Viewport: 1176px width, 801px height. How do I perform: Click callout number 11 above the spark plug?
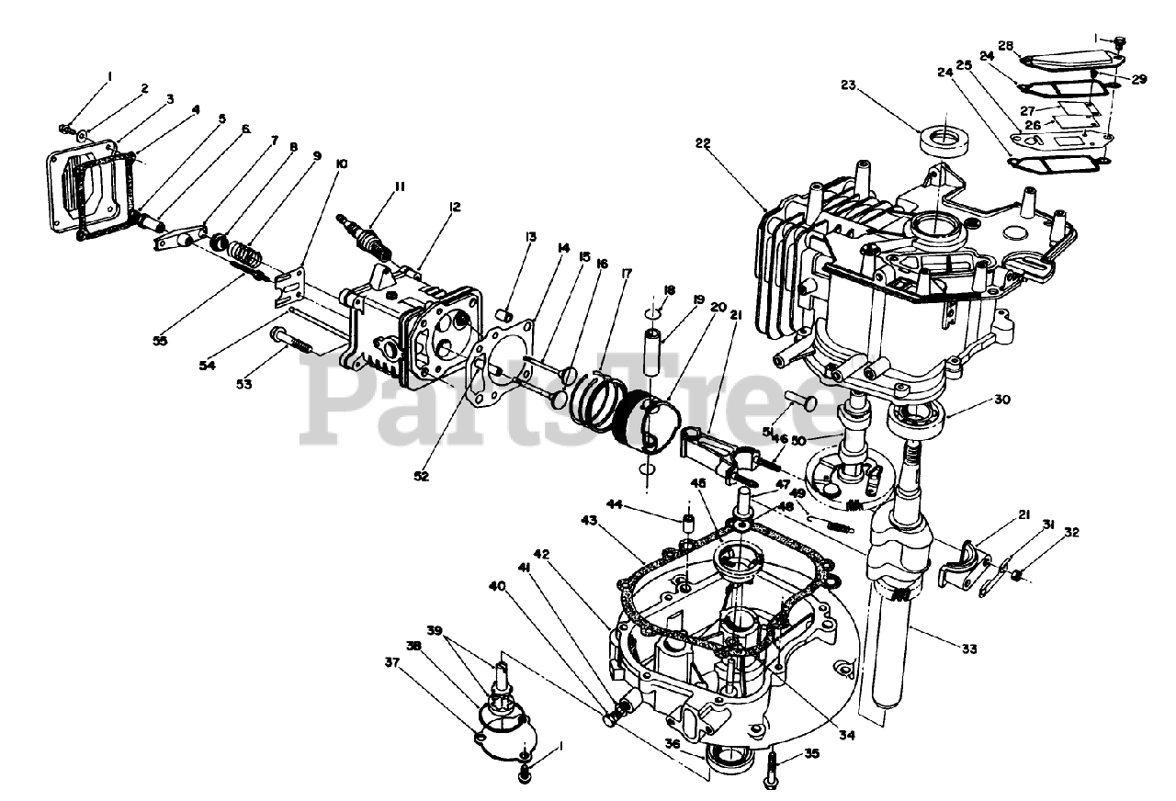(374, 186)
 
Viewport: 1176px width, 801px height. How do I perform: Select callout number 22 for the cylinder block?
(704, 144)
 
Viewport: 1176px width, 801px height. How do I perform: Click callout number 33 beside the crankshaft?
(969, 649)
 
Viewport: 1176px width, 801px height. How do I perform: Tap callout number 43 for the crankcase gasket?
(591, 521)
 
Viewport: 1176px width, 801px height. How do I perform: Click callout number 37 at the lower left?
(393, 663)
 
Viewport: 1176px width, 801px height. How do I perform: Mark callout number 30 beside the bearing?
(1001, 400)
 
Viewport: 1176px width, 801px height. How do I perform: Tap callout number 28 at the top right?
(1006, 45)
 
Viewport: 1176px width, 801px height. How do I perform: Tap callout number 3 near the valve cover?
(170, 98)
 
